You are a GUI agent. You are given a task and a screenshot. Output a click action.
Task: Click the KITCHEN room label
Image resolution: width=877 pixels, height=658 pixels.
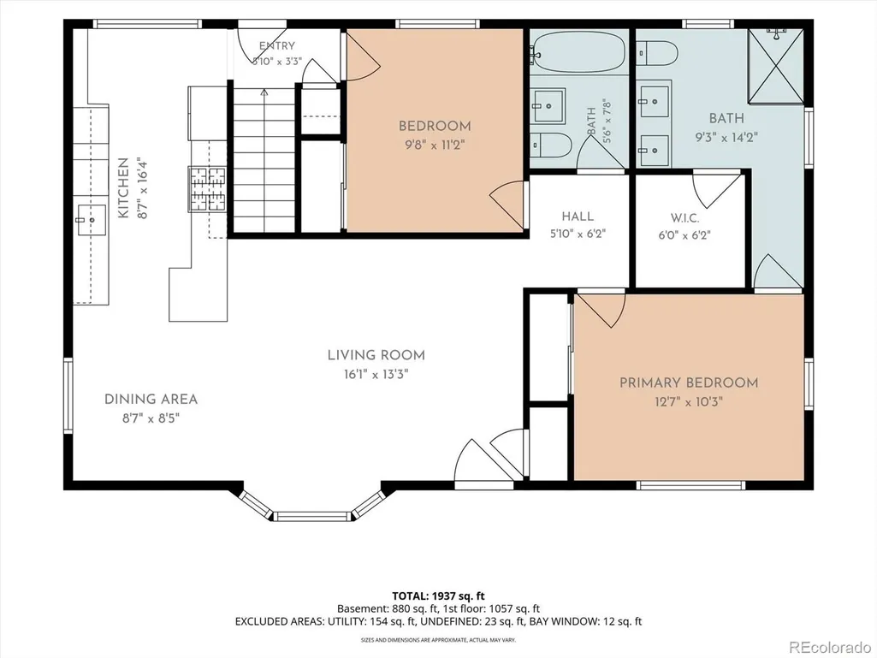pos(123,188)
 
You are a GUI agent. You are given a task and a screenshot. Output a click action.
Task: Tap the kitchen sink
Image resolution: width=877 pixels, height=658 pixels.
pos(92,220)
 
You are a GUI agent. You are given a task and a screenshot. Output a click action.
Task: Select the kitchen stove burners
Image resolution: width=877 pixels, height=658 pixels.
pos(208,188)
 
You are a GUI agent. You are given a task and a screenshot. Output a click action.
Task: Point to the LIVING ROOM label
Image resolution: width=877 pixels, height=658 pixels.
pos(376,355)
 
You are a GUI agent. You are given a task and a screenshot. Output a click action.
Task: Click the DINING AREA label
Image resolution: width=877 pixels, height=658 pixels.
pos(151,399)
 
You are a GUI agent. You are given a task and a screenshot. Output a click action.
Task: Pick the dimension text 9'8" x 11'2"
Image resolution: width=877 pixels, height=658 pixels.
pos(435,145)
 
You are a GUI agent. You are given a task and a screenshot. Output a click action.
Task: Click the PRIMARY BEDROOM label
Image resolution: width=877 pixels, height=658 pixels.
pos(689,382)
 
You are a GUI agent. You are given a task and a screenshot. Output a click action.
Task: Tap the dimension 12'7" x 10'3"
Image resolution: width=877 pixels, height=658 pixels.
pos(689,401)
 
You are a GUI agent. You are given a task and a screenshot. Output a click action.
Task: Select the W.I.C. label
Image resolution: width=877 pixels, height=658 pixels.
pos(684,217)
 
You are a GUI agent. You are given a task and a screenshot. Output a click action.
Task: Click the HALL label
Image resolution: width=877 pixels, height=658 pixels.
pos(578,216)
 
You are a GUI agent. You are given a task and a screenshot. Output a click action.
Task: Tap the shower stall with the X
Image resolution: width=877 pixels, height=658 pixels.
pos(776,66)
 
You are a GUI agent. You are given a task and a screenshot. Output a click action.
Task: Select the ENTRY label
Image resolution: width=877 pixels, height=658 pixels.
pos(277,46)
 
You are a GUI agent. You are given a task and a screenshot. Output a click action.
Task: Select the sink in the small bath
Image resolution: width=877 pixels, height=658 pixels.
pos(548,105)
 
